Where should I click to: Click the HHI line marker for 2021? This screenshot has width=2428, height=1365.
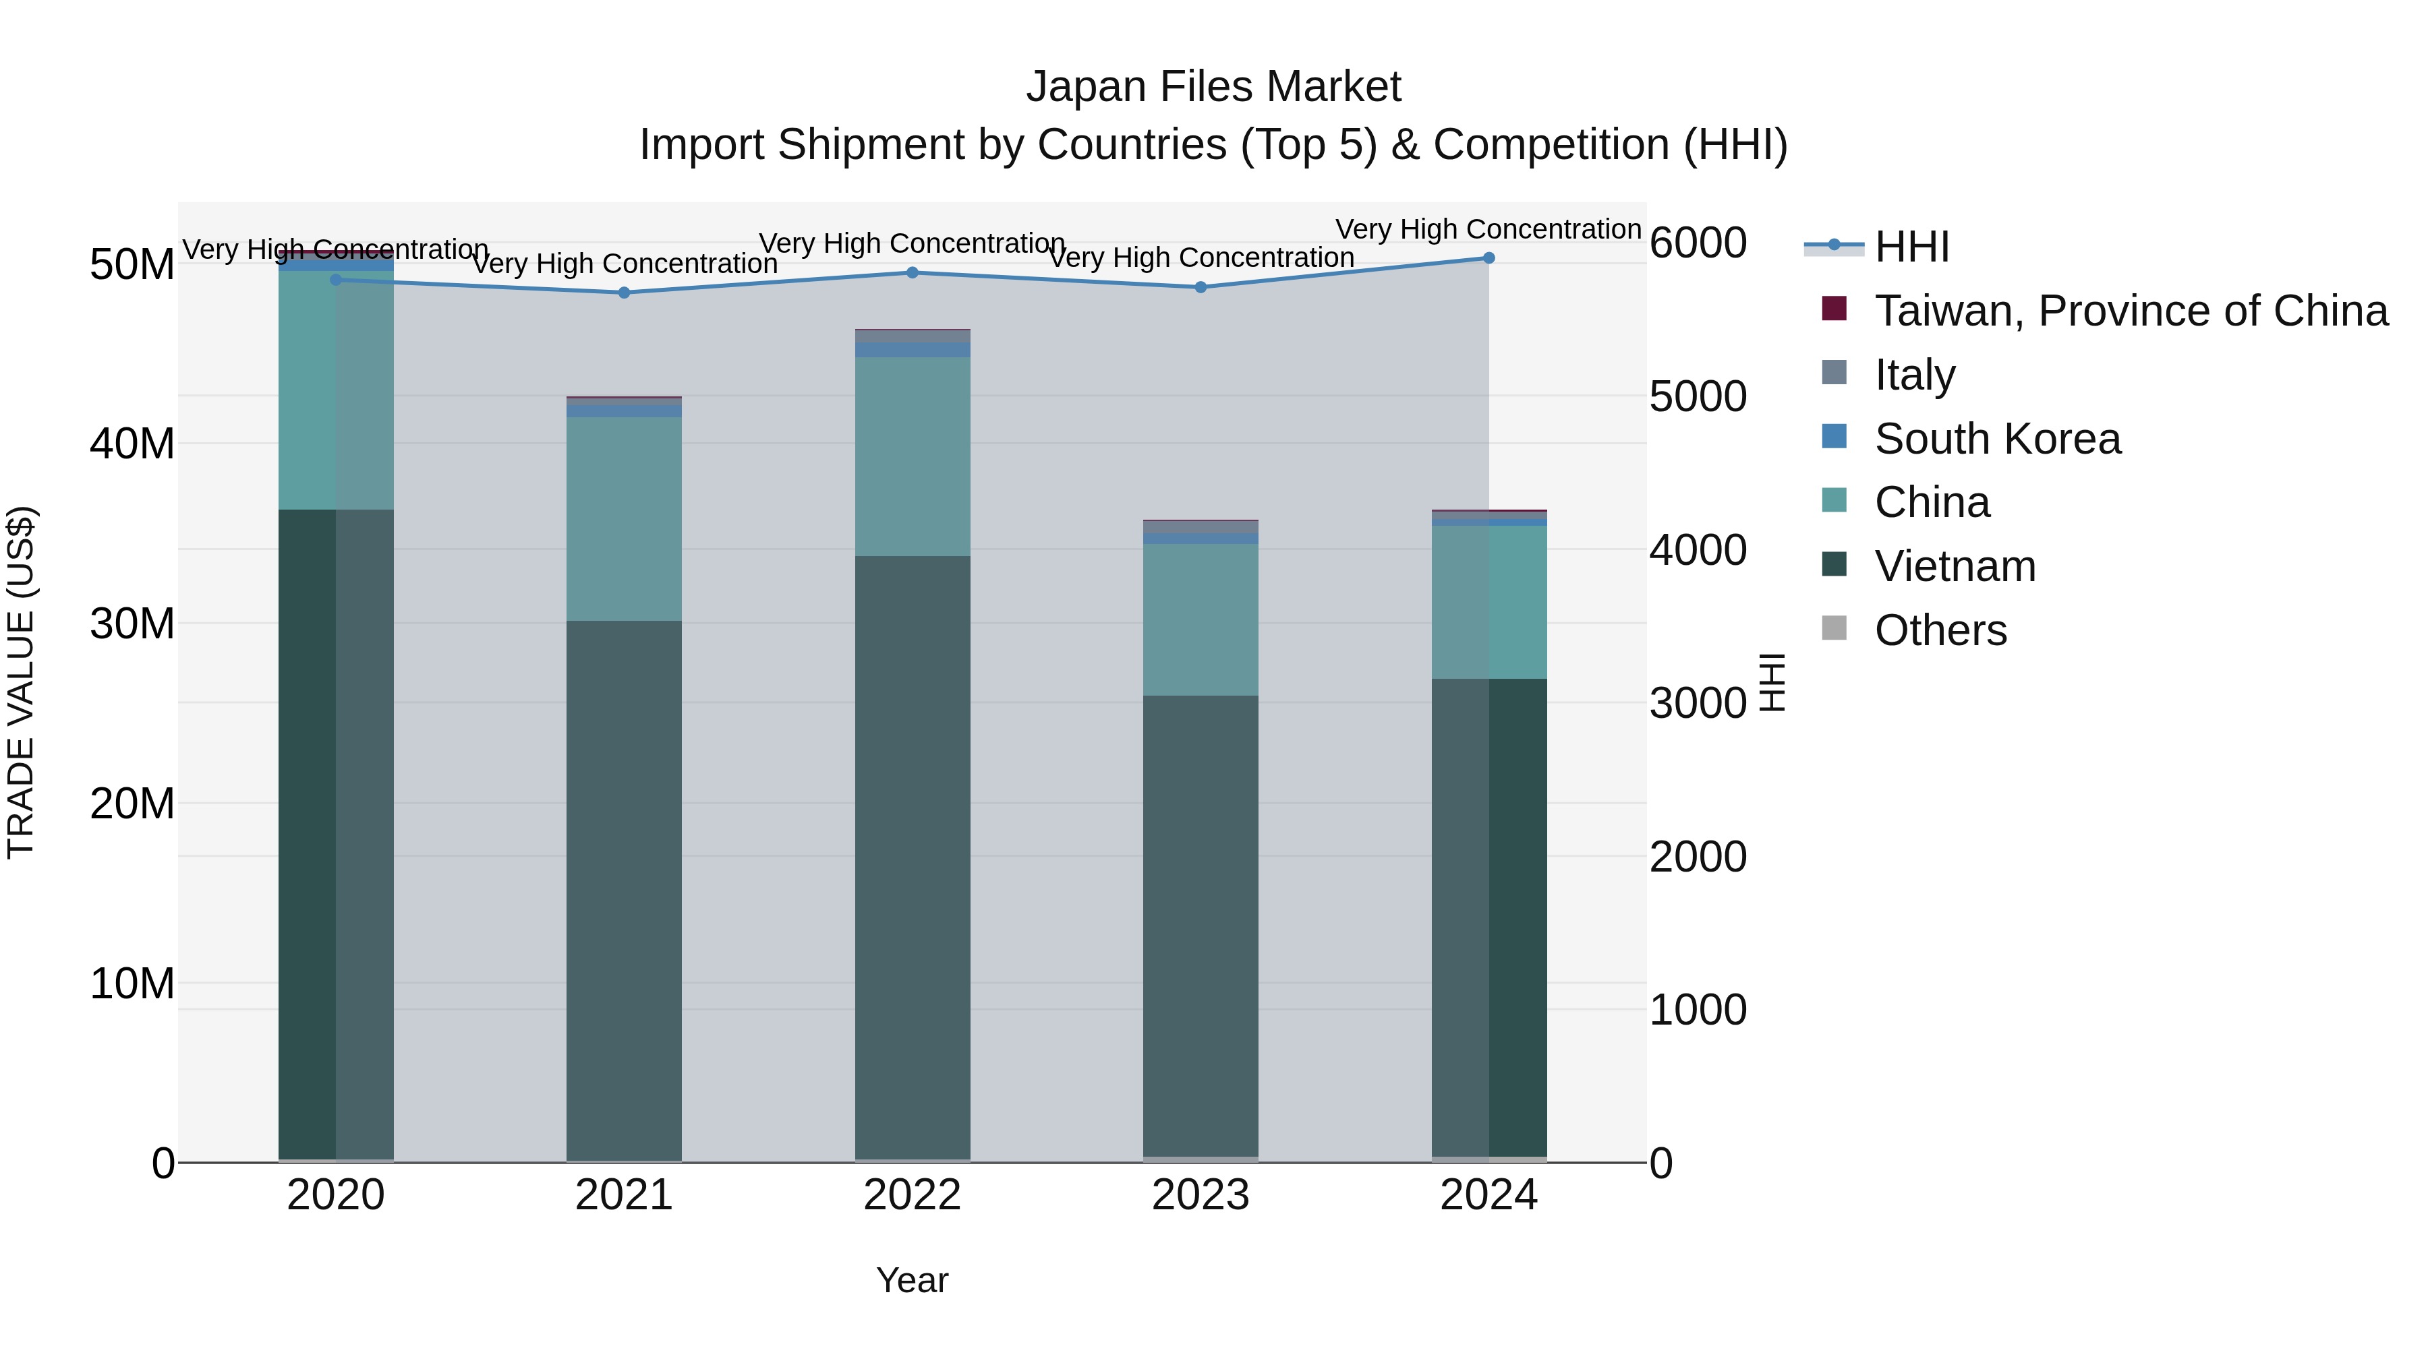click(x=624, y=293)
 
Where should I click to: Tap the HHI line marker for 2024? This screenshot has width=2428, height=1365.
click(x=1489, y=258)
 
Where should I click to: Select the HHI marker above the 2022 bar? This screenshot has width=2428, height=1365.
click(x=913, y=273)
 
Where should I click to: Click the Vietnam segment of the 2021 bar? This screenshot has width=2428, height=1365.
click(x=624, y=890)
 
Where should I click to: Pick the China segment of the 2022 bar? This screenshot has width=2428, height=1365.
click(x=913, y=457)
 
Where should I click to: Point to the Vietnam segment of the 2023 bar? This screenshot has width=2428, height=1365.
click(x=1201, y=926)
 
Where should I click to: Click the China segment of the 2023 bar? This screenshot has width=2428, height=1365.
click(x=1201, y=620)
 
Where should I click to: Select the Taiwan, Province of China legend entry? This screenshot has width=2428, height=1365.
click(x=2130, y=311)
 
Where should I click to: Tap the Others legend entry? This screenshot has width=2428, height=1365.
click(x=1940, y=630)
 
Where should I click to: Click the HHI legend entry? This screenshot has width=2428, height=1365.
click(x=1911, y=247)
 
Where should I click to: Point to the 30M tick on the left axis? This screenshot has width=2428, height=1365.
click(x=132, y=624)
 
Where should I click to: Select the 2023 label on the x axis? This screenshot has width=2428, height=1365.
click(x=1201, y=1195)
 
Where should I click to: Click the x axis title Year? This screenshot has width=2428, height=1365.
click(x=913, y=1280)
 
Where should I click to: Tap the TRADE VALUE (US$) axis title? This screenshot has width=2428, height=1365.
click(x=21, y=682)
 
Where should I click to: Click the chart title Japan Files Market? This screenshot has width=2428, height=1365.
click(x=1213, y=87)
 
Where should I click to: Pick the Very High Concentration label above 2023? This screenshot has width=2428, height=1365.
click(x=1201, y=257)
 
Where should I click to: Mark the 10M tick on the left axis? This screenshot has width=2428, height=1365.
click(x=132, y=983)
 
